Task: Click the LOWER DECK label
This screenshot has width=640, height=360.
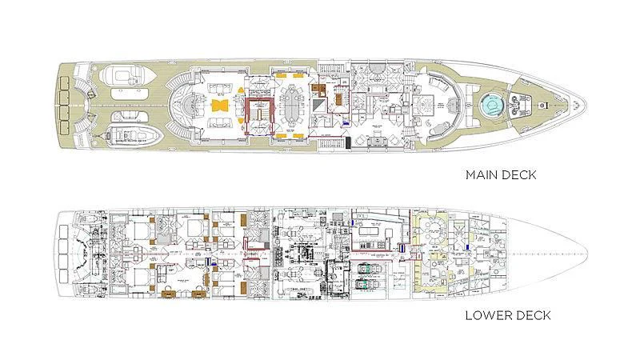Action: pos(507,315)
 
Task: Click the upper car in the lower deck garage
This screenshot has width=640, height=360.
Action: pos(367,265)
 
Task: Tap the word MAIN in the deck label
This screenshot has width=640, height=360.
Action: pos(481,174)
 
